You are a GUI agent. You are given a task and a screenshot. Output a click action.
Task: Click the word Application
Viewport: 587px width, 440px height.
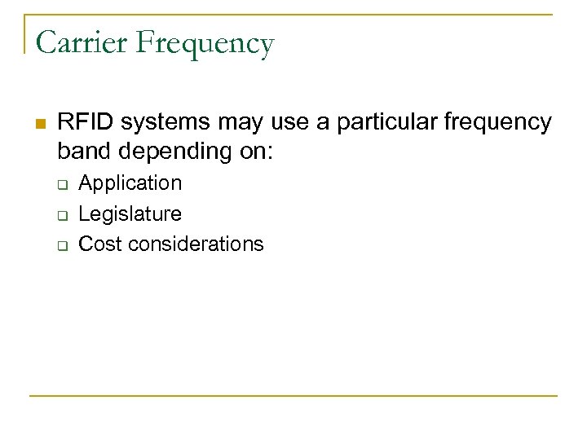point(130,183)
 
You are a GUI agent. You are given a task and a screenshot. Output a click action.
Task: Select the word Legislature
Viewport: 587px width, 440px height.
point(130,214)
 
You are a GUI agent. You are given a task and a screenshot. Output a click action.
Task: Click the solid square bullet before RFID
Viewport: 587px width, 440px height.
point(39,124)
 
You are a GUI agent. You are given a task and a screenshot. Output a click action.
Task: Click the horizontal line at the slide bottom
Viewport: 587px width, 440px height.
point(293,396)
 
